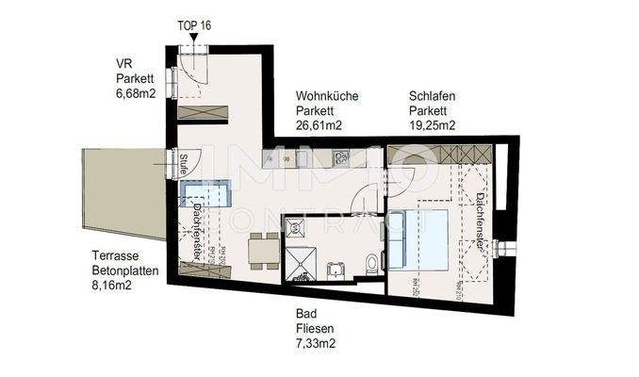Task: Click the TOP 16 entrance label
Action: (x=194, y=25)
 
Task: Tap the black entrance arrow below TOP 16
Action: (x=194, y=41)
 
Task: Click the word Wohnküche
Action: (x=326, y=96)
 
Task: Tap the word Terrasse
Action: (x=115, y=255)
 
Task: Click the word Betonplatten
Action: (x=124, y=270)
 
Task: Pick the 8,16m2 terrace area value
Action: (x=115, y=284)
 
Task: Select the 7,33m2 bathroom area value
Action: (x=315, y=344)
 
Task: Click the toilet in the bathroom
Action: (x=374, y=263)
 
